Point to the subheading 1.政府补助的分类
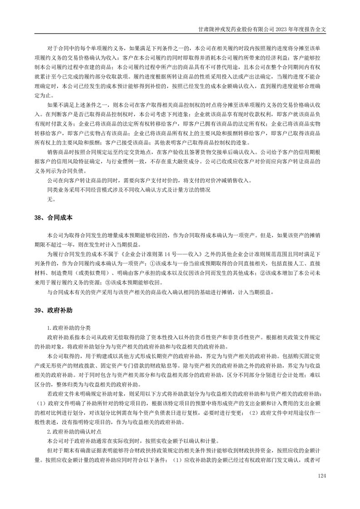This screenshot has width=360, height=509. [x=69, y=328]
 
